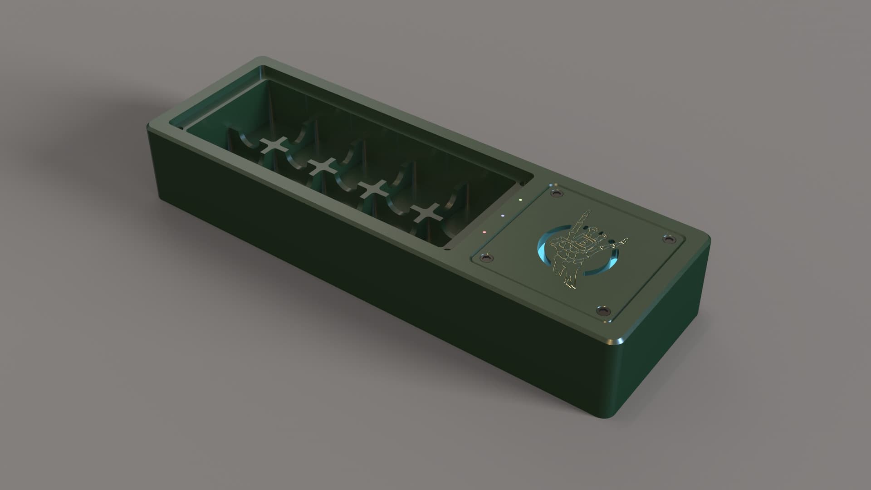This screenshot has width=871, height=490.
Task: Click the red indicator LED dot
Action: pyautogui.click(x=484, y=232)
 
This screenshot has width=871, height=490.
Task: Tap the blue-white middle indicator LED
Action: pyautogui.click(x=502, y=216)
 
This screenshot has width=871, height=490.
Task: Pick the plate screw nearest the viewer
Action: pyautogui.click(x=602, y=311)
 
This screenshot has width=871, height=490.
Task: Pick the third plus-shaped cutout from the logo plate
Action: pyautogui.click(x=323, y=167)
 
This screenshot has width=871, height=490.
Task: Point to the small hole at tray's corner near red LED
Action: pyautogui.click(x=447, y=249)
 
